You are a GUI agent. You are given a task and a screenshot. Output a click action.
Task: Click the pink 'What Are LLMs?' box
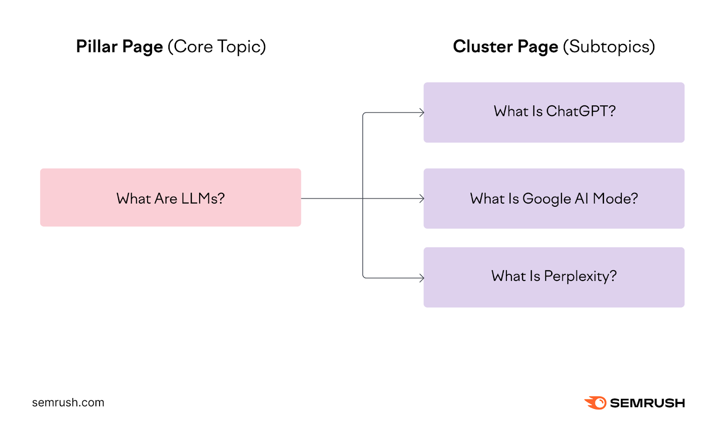click(170, 197)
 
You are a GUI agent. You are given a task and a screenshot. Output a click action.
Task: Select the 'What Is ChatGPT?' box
click(553, 112)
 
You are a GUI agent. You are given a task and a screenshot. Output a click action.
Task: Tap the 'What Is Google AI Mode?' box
click(553, 198)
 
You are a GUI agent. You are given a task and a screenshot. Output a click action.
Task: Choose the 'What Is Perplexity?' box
click(553, 277)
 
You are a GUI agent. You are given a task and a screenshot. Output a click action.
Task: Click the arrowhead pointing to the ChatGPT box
click(422, 113)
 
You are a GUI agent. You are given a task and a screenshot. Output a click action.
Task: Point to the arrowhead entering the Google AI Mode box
click(422, 199)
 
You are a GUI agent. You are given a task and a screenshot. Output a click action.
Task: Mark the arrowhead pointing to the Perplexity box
click(422, 278)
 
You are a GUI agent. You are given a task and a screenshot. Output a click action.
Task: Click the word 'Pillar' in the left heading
click(97, 47)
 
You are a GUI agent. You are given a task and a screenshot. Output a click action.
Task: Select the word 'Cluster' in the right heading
click(483, 47)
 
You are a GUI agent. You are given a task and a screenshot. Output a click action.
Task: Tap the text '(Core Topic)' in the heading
click(217, 47)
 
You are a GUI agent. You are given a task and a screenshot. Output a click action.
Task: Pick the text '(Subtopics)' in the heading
click(609, 47)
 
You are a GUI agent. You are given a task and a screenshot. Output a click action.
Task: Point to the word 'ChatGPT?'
click(581, 111)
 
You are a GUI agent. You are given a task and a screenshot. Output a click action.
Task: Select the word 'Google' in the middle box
click(547, 199)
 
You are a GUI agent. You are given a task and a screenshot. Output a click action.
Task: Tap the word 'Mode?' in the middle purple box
click(615, 199)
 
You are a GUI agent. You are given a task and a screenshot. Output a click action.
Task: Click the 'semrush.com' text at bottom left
click(68, 403)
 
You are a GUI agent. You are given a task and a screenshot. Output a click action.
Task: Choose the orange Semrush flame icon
click(595, 403)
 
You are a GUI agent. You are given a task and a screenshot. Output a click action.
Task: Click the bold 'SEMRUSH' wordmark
click(647, 403)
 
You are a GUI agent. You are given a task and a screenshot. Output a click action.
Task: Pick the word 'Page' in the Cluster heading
click(538, 47)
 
